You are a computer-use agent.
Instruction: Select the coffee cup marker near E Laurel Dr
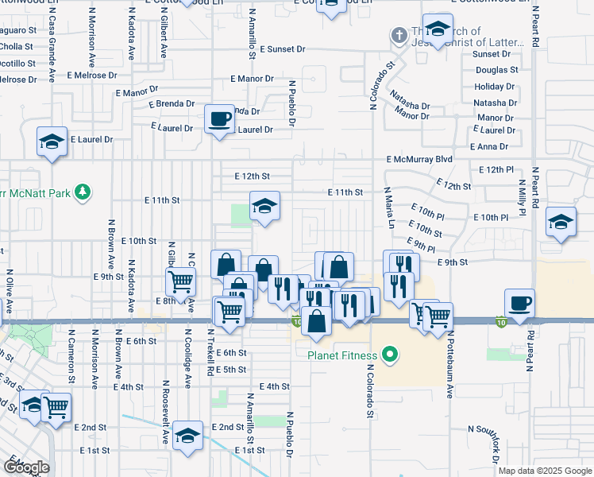tap(219, 119)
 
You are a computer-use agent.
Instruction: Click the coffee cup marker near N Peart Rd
tap(519, 303)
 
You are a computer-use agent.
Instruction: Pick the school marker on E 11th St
tap(264, 207)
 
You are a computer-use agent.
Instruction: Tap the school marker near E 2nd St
tap(187, 436)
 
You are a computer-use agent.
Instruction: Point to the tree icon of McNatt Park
tap(80, 192)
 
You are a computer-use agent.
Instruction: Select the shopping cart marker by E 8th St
tap(180, 280)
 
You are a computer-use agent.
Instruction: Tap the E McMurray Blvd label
tap(419, 159)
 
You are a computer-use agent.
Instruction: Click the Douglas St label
tap(496, 70)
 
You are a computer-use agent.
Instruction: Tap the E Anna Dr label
tap(489, 146)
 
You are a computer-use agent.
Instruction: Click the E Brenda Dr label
tap(172, 103)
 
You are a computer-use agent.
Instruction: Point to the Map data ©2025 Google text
tap(544, 471)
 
